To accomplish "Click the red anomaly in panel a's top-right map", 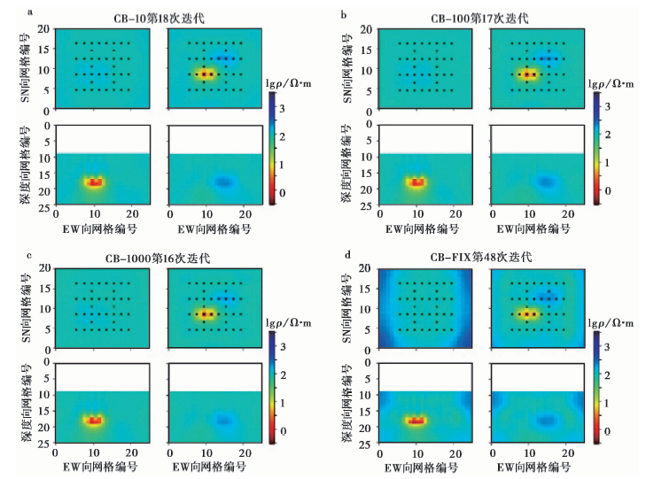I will (206, 74).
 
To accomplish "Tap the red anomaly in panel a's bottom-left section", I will (94, 182).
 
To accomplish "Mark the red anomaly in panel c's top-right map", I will (206, 313).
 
